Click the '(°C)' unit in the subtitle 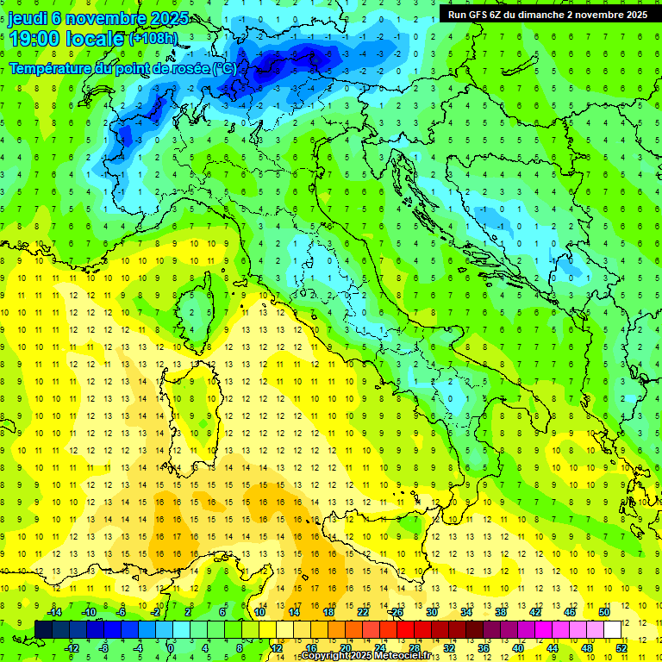coord(223,68)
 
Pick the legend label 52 coord(621,647)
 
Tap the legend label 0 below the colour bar coord(170,647)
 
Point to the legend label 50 coord(604,612)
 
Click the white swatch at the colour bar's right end coord(613,630)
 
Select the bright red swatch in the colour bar coord(405,630)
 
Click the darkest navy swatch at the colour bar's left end coord(43,630)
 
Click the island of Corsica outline coord(197,305)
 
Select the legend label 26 coord(397,612)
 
